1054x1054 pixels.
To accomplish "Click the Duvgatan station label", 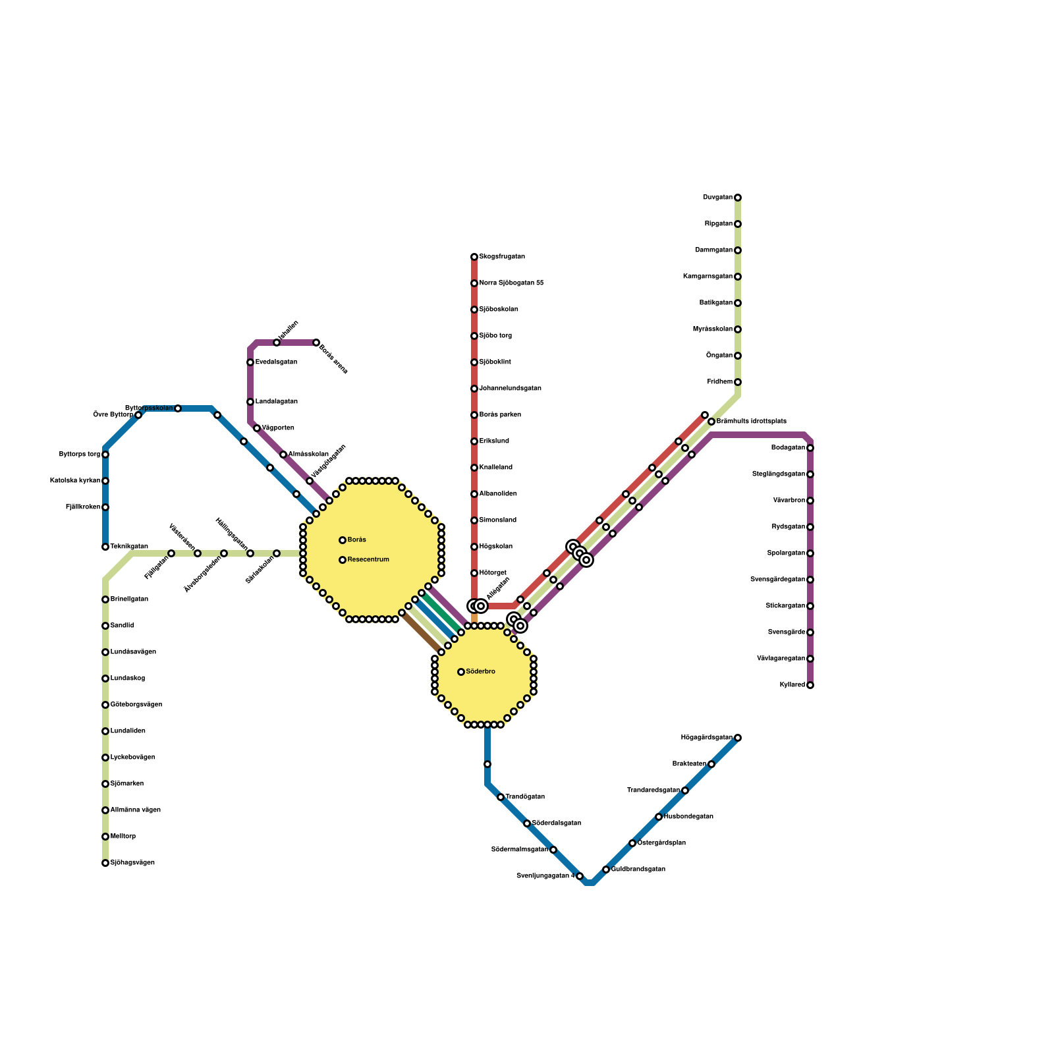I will [x=717, y=198].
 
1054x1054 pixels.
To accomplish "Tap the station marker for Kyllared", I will [x=810, y=685].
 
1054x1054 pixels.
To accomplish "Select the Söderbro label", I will [x=480, y=672].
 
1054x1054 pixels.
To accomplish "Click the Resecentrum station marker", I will [x=343, y=560].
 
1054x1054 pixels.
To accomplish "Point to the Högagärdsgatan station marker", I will [x=738, y=738].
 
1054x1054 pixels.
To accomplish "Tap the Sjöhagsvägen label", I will [x=132, y=863].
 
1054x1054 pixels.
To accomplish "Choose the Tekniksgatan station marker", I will [x=105, y=547].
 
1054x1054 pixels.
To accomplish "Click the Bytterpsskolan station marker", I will [x=178, y=408].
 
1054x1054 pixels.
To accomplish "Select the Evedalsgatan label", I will [x=276, y=362].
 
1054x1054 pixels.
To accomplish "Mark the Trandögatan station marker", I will [x=501, y=797].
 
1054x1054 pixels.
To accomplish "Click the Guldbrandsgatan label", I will [x=638, y=870].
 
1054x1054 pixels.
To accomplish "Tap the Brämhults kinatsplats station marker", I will [x=711, y=422].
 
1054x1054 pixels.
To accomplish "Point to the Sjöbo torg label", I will [x=495, y=336].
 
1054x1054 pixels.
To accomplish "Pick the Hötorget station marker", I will [x=474, y=573].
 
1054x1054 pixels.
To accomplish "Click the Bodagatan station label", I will [x=788, y=448].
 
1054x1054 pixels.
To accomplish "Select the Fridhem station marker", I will [x=738, y=382].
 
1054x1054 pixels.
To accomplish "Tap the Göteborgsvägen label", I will [x=136, y=705].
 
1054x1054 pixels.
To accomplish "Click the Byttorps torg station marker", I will [x=105, y=455].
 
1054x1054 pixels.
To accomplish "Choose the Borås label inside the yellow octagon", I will [x=356, y=540].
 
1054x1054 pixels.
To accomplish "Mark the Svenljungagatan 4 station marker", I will [x=580, y=876].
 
